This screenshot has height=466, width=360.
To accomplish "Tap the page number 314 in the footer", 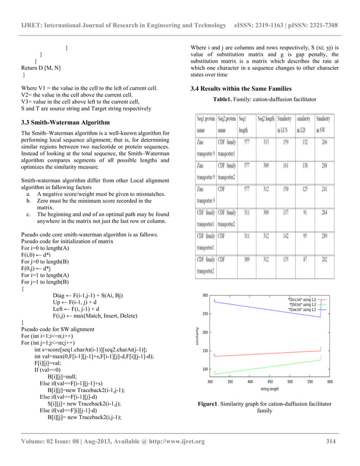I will tap(332, 441).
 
